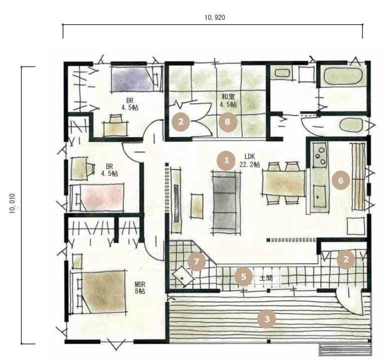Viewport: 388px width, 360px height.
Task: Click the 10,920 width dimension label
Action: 215,17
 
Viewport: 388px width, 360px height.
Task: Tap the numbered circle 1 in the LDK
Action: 226,160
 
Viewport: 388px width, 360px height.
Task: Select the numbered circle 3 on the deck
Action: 267,319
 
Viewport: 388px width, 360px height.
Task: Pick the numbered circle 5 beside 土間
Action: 244,276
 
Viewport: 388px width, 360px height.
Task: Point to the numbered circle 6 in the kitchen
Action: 341,180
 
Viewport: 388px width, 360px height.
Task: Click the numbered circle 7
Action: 197,261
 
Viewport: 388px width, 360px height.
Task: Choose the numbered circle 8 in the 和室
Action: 228,121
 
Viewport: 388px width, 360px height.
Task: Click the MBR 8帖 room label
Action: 140,287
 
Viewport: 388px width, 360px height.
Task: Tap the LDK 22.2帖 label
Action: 250,160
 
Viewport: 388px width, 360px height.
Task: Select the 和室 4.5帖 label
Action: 228,100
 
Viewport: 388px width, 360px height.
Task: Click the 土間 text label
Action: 266,278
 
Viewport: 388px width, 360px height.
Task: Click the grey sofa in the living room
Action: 226,202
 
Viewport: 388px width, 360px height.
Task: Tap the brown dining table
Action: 284,183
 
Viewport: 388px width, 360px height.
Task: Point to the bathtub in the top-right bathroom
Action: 344,76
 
